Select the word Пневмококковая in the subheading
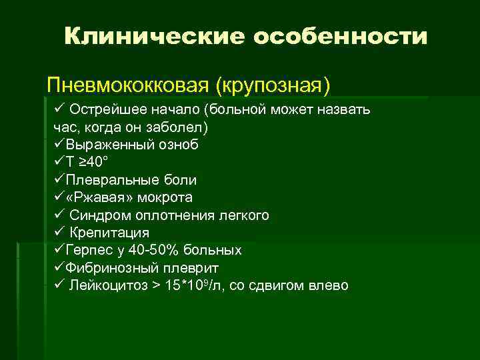pyautogui.click(x=127, y=86)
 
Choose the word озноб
pyautogui.click(x=177, y=144)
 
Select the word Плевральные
pyautogui.click(x=107, y=180)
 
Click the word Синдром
pyautogui.click(x=96, y=215)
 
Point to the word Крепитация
pyautogui.click(x=109, y=233)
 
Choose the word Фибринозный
pyautogui.click(x=107, y=268)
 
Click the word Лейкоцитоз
pyautogui.click(x=106, y=286)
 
